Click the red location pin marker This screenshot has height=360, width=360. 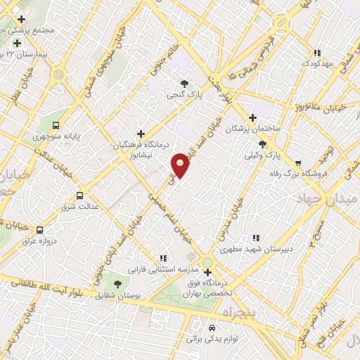pos(181,165)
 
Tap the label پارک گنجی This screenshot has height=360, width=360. pos(184,94)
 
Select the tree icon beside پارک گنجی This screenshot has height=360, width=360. pos(184,83)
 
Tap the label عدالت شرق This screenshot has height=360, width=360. pos(79,207)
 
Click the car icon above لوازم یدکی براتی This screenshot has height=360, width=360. pos(212,328)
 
